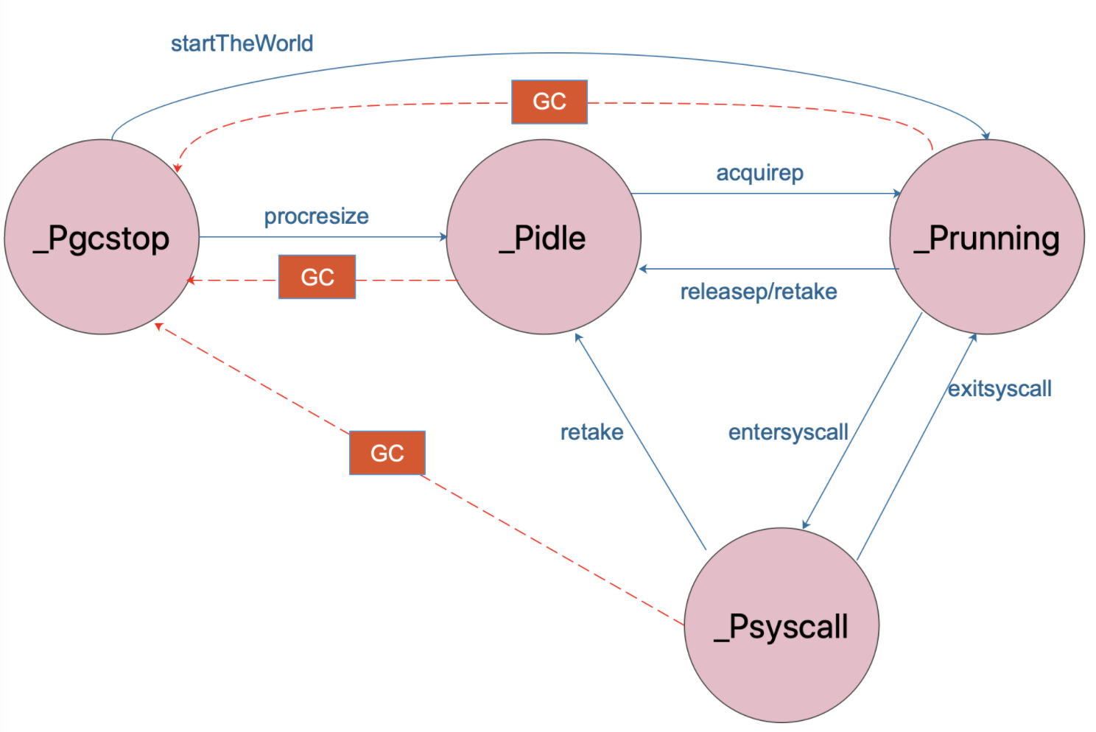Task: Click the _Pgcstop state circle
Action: tap(102, 237)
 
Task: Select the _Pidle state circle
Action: tap(544, 237)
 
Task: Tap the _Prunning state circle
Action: tap(987, 237)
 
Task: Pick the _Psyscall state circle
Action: tap(781, 624)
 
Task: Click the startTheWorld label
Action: tap(242, 43)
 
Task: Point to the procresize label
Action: tap(317, 217)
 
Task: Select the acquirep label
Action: tap(760, 173)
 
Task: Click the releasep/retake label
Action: tap(759, 292)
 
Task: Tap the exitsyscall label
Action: tap(1000, 389)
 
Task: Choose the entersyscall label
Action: tap(788, 432)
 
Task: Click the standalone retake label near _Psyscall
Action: tap(592, 432)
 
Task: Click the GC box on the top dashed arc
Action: tap(549, 102)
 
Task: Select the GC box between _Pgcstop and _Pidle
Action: tap(317, 277)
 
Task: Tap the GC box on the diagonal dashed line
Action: tap(387, 453)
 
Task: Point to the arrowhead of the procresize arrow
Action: tap(443, 237)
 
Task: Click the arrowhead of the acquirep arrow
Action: tap(897, 193)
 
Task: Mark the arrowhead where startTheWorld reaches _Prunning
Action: tap(986, 136)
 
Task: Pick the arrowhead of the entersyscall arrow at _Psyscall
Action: tap(806, 524)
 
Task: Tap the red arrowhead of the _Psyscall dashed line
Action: tap(158, 326)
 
